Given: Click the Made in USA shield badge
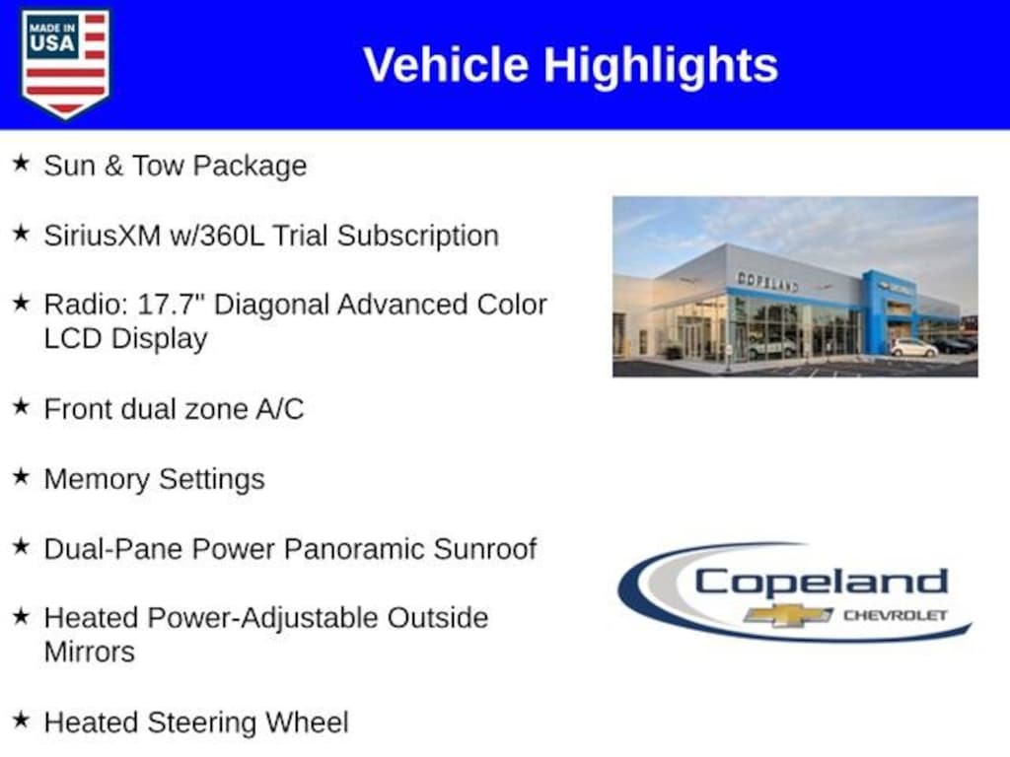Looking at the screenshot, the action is pyautogui.click(x=65, y=63).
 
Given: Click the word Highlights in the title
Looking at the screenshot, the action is pyautogui.click(x=661, y=66).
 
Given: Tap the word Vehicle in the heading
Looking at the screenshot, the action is pyautogui.click(x=447, y=64).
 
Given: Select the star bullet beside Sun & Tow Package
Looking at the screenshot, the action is pyautogui.click(x=22, y=163).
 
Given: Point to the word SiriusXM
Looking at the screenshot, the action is pyautogui.click(x=103, y=235).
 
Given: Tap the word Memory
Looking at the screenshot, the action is pyautogui.click(x=97, y=480).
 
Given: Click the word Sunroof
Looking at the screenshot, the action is pyautogui.click(x=485, y=548).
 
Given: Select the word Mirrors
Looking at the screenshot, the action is pyautogui.click(x=90, y=652).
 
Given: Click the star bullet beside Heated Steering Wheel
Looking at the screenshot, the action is pyautogui.click(x=22, y=719).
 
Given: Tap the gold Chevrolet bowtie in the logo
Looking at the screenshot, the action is pyautogui.click(x=787, y=615).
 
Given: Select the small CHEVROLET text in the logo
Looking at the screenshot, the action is pyautogui.click(x=896, y=615).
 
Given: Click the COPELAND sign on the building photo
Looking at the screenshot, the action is pyautogui.click(x=767, y=281).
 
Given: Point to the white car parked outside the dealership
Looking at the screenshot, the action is pyautogui.click(x=913, y=348).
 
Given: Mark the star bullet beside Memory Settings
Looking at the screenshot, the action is pyautogui.click(x=22, y=476).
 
